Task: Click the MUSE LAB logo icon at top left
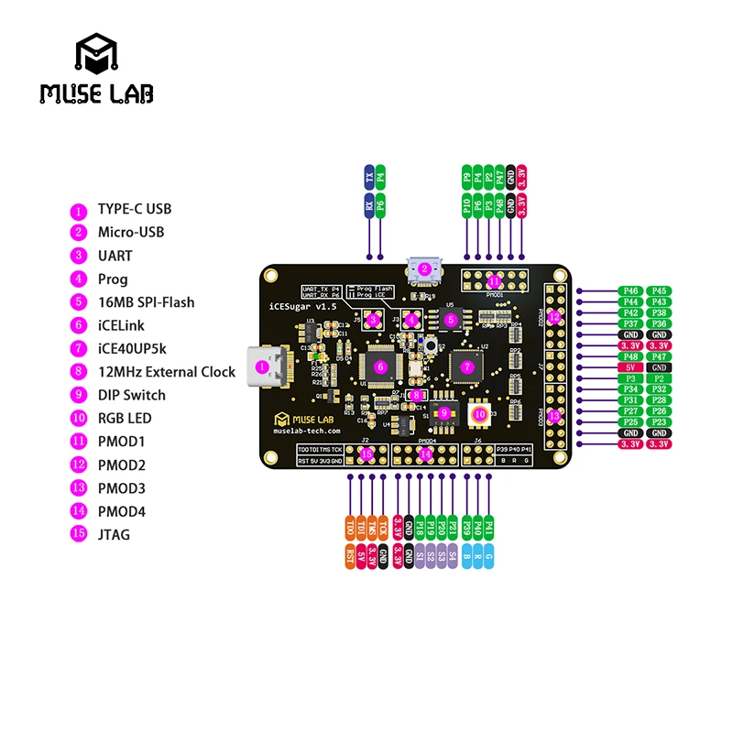[x=95, y=55]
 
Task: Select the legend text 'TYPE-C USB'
[x=135, y=209]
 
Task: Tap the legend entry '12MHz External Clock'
[x=167, y=372]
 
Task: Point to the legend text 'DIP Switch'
[x=132, y=395]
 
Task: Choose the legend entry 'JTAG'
[x=114, y=534]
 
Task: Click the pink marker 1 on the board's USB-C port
[x=263, y=367]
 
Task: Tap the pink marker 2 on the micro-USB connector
[x=424, y=269]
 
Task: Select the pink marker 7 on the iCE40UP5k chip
[x=467, y=366]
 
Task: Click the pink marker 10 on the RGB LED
[x=479, y=414]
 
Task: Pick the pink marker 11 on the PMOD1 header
[x=495, y=281]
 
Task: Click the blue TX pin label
[x=369, y=177]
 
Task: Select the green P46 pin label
[x=630, y=290]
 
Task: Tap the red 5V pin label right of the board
[x=630, y=367]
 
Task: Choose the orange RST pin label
[x=349, y=556]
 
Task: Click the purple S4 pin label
[x=453, y=556]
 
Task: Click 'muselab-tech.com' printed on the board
[x=308, y=430]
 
